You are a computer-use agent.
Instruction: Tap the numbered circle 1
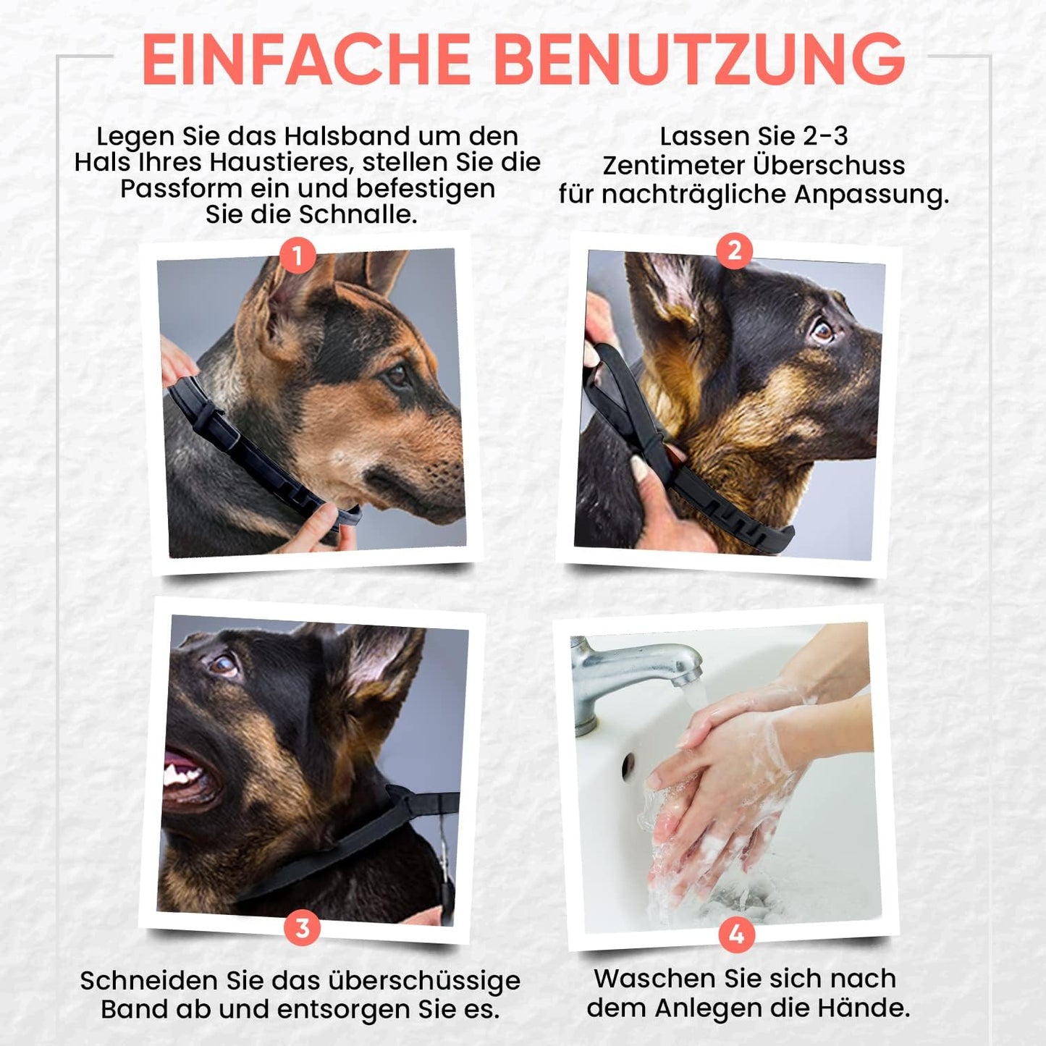[x=297, y=256]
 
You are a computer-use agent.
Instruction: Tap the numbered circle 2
[x=734, y=250]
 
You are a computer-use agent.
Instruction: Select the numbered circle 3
[x=303, y=928]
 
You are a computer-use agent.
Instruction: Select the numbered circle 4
[x=736, y=935]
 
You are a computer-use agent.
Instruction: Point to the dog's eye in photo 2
[x=822, y=330]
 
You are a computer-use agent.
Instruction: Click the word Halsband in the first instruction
[x=347, y=136]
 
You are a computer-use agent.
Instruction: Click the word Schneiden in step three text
[x=149, y=981]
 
